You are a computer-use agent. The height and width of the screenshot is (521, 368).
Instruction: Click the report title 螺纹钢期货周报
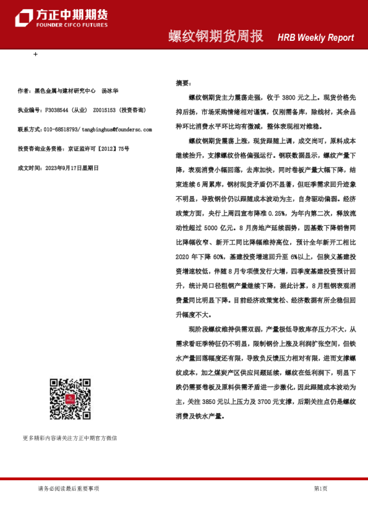(x=216, y=37)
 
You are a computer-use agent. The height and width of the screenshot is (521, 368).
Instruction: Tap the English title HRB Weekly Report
(x=315, y=38)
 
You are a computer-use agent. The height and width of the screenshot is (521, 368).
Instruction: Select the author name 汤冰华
(x=110, y=91)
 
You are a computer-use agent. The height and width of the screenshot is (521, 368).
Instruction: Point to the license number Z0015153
(x=105, y=110)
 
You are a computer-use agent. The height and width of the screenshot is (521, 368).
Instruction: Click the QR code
(x=70, y=400)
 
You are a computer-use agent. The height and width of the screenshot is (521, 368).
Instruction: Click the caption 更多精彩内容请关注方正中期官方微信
(x=69, y=438)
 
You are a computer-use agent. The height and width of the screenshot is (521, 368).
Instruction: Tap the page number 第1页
(x=320, y=489)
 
